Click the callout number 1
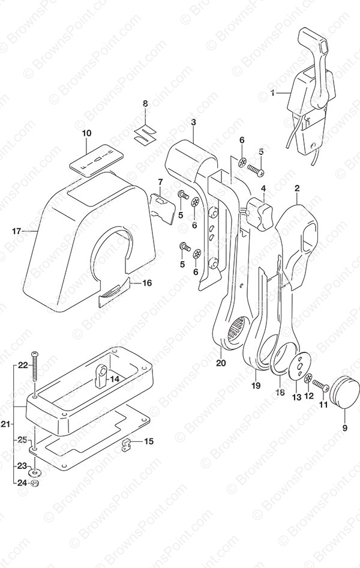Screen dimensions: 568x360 click(273, 93)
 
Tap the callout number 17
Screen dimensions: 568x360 click(17, 231)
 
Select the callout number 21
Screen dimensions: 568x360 click(5, 425)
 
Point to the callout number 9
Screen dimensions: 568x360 click(344, 428)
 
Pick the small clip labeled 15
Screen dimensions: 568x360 click(126, 445)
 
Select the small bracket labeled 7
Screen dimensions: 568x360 click(164, 204)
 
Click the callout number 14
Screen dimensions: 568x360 click(114, 379)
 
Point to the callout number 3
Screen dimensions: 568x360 click(193, 123)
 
